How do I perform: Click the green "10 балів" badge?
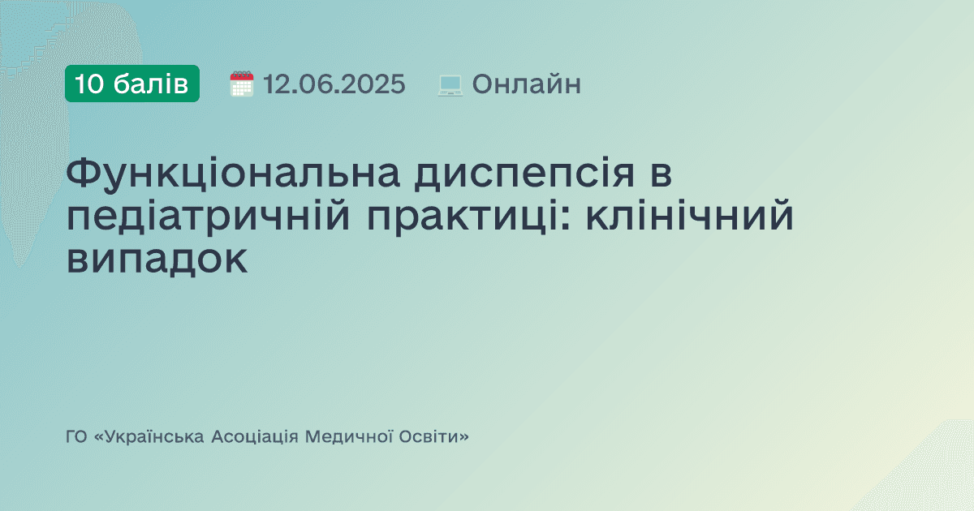tap(132, 84)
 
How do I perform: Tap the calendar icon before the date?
tap(242, 84)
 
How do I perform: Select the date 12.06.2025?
tap(334, 84)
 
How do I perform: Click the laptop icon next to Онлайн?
tap(450, 84)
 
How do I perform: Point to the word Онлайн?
tap(526, 84)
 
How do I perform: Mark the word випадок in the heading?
tap(157, 261)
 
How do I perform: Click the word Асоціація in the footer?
tap(254, 437)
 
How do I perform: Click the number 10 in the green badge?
tap(89, 84)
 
